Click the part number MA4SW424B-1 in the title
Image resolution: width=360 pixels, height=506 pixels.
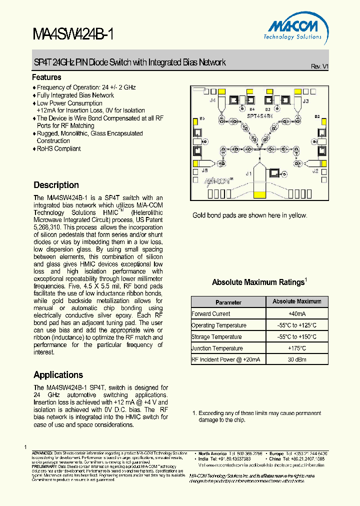[x=73, y=34]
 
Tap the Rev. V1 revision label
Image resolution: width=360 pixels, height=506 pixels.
[x=319, y=66]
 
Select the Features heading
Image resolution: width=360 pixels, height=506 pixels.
[x=46, y=77]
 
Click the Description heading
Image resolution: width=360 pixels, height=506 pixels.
[x=56, y=185]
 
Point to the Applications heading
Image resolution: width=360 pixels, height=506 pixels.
[x=58, y=375]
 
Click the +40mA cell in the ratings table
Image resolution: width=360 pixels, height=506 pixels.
[x=297, y=314]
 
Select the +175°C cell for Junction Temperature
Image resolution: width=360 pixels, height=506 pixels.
[x=297, y=348]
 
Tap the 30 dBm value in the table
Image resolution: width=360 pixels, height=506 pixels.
[x=297, y=359]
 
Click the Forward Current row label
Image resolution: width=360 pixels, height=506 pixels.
[x=211, y=314]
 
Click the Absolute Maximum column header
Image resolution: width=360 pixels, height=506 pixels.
[x=297, y=301]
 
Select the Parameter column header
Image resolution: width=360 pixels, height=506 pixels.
[x=228, y=302]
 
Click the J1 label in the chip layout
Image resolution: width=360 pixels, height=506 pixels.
[x=248, y=173]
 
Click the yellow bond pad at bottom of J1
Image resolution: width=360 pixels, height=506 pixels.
[x=259, y=195]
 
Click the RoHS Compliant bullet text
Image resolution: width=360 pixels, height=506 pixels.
[x=58, y=148]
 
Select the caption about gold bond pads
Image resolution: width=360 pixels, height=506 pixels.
[x=250, y=215]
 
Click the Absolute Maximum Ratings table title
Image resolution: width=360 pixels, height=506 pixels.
[x=259, y=282]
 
